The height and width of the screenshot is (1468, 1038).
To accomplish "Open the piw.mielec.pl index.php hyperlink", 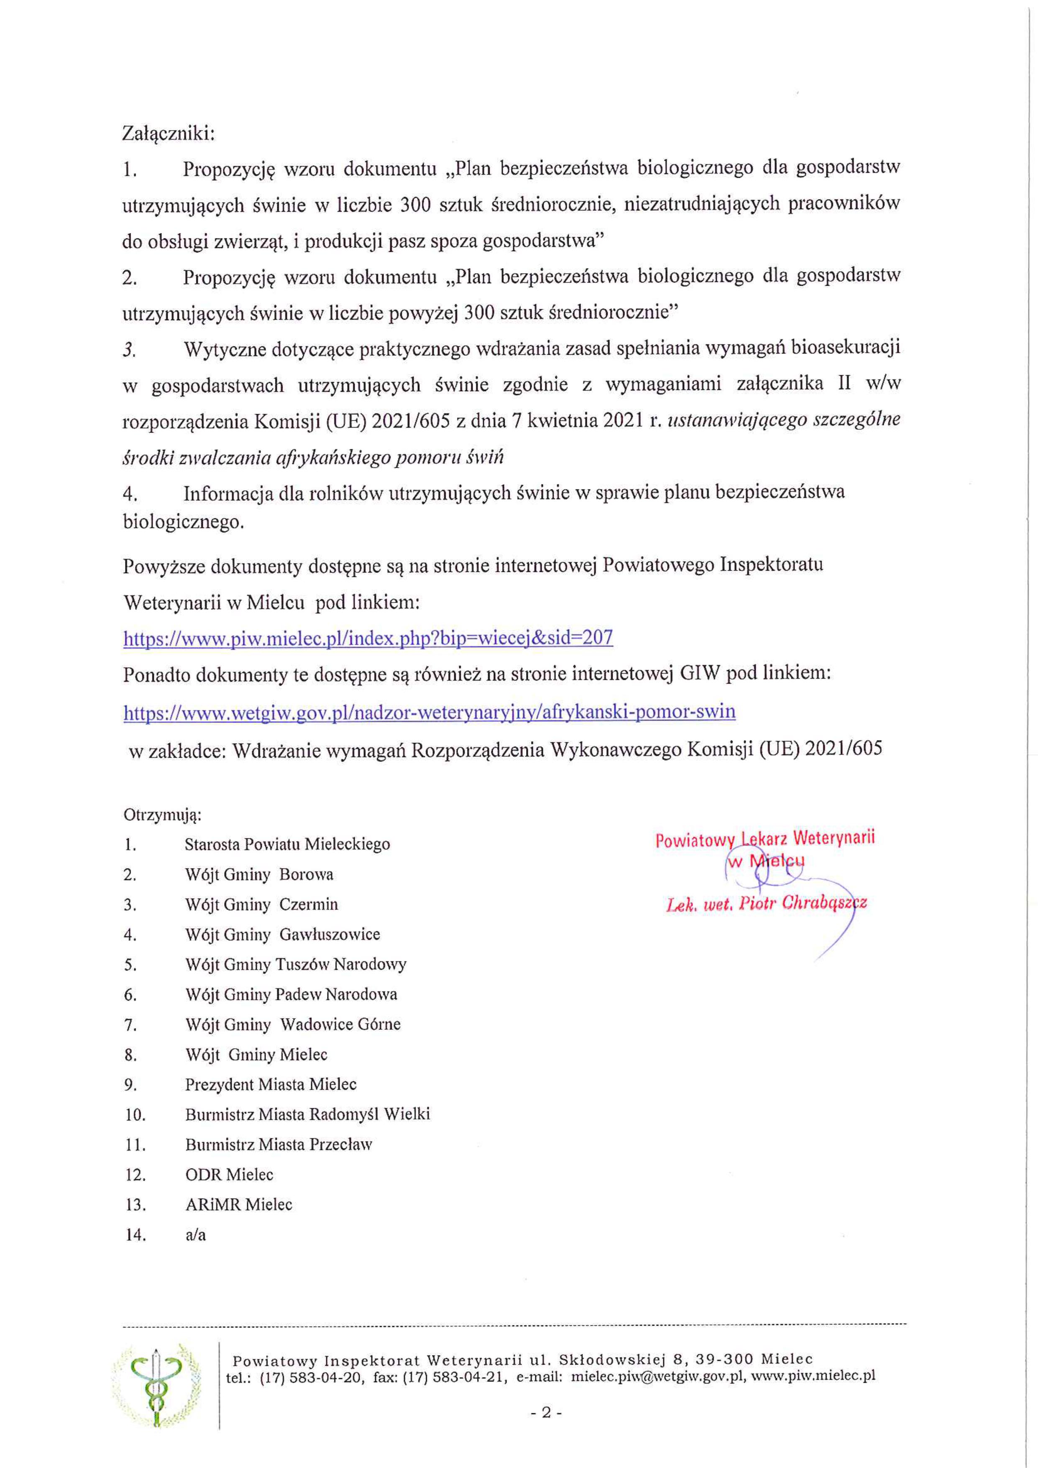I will (368, 638).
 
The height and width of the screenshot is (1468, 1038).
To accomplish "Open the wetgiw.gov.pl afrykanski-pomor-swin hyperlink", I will (430, 712).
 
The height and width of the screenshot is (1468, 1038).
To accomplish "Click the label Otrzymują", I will (162, 815).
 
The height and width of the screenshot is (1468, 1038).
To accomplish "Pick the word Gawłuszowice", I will (330, 934).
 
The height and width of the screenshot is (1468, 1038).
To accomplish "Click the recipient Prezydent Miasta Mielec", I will (270, 1084).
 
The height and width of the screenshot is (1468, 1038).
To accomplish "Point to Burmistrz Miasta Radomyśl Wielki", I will (307, 1114).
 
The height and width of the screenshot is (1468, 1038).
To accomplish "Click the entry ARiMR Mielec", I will (238, 1204).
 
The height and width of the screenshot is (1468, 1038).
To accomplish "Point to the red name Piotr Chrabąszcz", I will (802, 904).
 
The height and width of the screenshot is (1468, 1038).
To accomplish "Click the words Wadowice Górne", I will (340, 1024).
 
